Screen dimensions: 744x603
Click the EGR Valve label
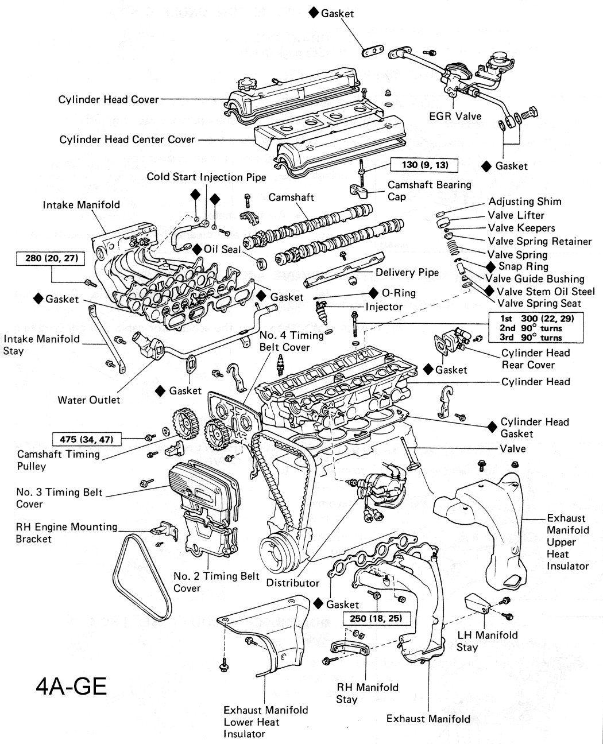click(455, 116)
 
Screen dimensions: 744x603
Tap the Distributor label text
click(292, 583)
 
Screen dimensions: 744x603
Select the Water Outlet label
click(89, 400)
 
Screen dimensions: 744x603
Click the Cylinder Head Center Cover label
click(127, 139)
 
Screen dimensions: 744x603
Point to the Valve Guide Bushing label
click(535, 279)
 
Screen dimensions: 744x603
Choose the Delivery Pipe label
click(407, 272)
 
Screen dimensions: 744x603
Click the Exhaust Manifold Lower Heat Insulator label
click(265, 722)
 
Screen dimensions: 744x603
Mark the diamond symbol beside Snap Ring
click(491, 266)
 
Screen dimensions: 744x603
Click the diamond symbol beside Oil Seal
click(197, 250)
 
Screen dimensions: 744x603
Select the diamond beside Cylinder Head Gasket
click(492, 427)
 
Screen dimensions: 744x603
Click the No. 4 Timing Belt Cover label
click(284, 341)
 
